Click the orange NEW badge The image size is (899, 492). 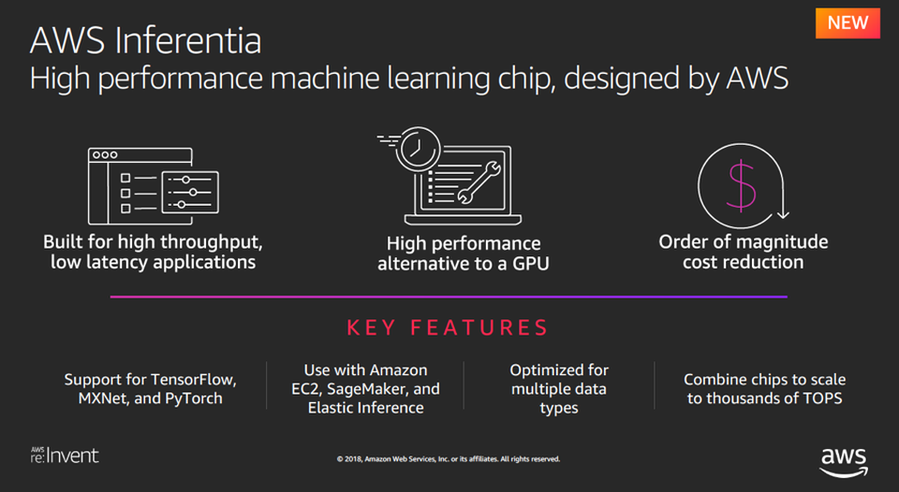847,22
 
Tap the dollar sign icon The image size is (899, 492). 742,185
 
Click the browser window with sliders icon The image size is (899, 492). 153,184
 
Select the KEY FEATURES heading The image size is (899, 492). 448,328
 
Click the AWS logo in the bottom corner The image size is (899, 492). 844,460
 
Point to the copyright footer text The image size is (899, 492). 449,459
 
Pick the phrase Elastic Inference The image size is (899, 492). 365,407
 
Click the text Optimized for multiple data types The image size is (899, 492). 559,389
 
